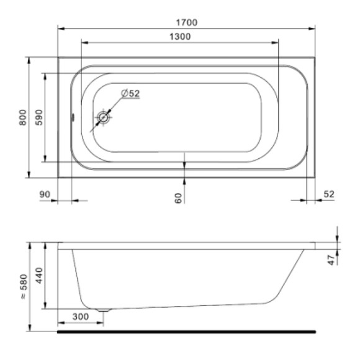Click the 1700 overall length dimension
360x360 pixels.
[x=186, y=22]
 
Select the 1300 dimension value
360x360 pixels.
[x=180, y=37]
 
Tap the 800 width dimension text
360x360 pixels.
[x=23, y=117]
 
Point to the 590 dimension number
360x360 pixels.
[x=39, y=117]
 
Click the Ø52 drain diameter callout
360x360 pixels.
[x=130, y=93]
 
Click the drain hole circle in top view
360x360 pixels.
[x=103, y=117]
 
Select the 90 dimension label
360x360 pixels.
[x=45, y=194]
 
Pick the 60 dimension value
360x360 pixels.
[x=178, y=198]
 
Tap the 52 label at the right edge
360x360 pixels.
[x=329, y=194]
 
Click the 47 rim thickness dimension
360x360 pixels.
[x=331, y=259]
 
